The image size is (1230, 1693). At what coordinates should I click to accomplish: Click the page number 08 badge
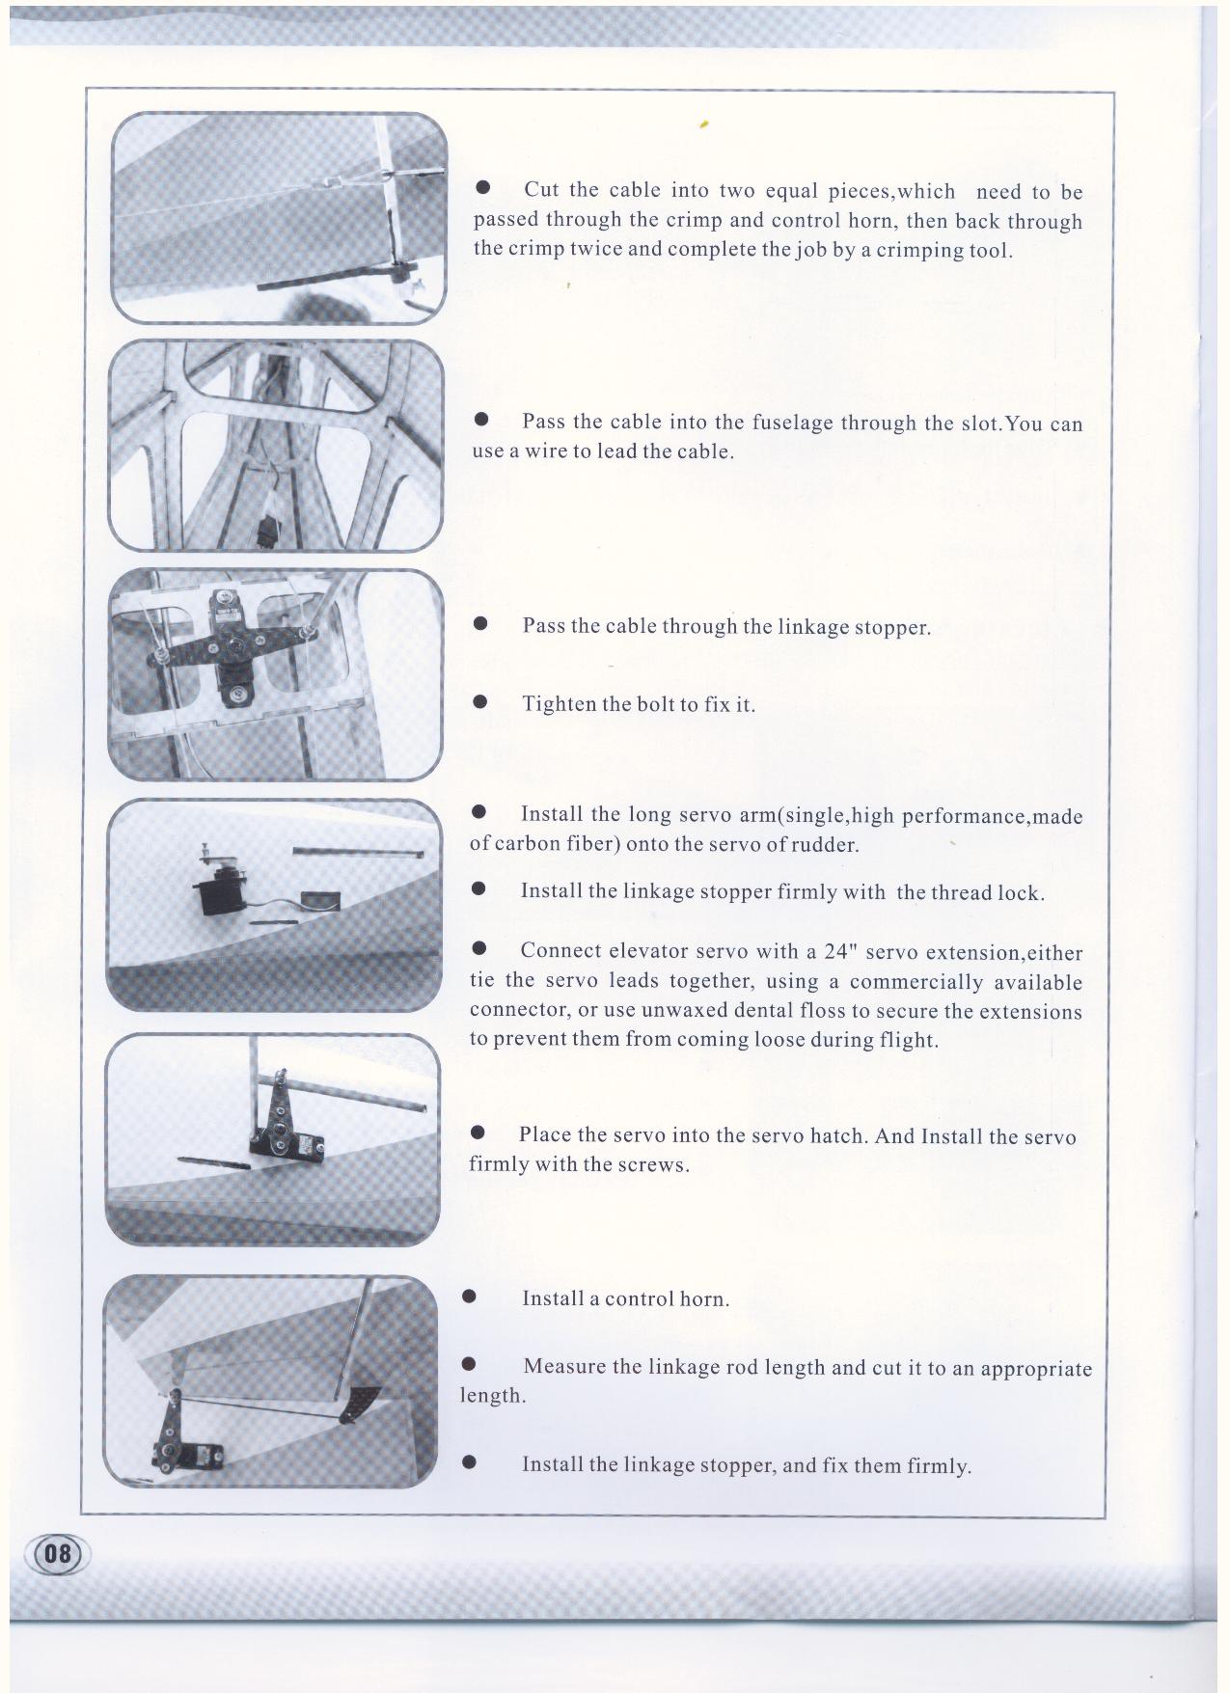point(60,1553)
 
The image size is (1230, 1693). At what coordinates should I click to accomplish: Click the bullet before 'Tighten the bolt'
point(479,703)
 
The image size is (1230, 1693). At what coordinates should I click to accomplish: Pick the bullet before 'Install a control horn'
point(470,1297)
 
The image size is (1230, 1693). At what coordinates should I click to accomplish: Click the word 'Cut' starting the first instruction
point(541,189)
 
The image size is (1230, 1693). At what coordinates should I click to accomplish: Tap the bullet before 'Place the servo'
point(477,1134)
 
